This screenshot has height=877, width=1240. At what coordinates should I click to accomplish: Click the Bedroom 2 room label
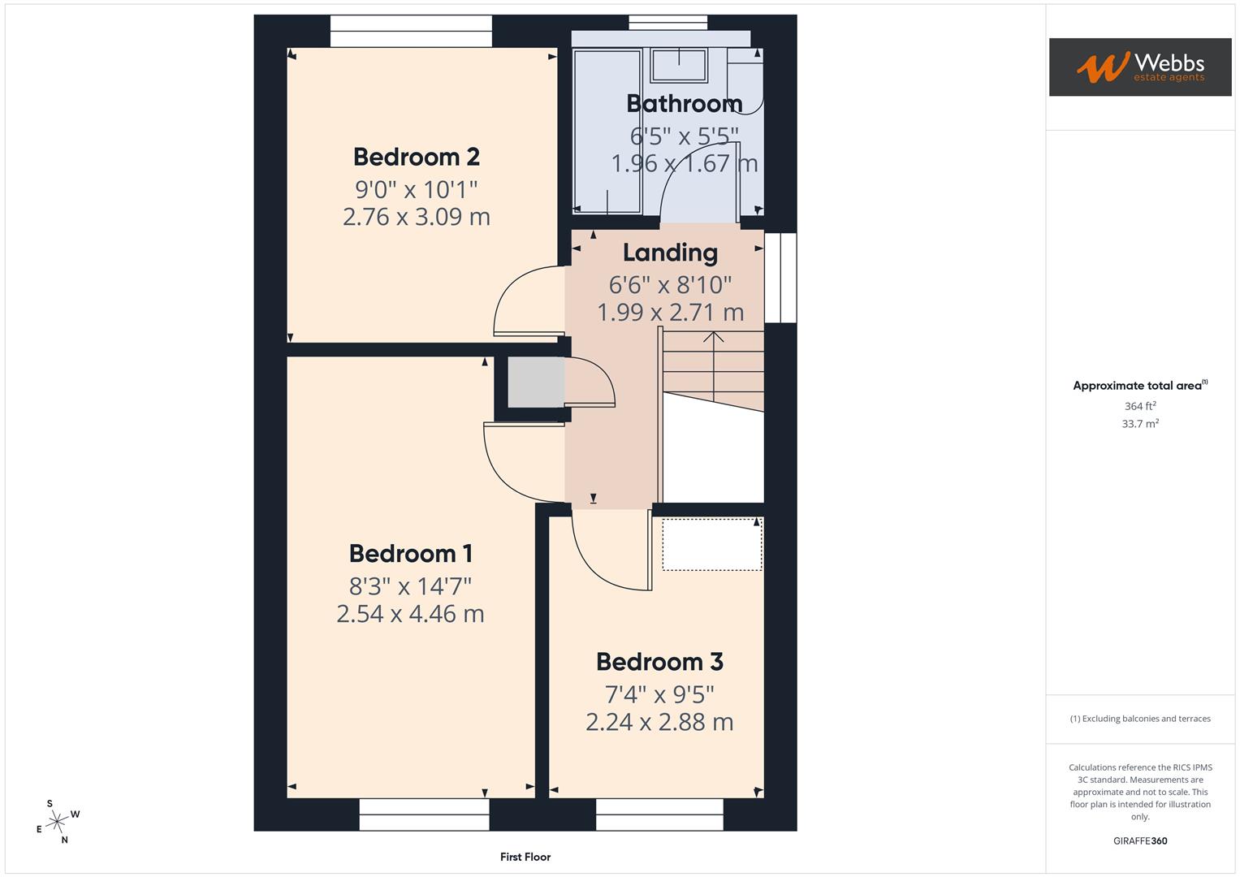[x=416, y=156]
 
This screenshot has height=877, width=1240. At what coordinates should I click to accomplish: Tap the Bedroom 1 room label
[x=410, y=553]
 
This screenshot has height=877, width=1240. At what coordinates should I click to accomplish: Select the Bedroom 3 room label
[x=659, y=662]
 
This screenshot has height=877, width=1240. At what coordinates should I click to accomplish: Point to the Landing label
[x=670, y=253]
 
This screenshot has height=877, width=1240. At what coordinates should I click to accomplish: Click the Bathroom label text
[x=684, y=103]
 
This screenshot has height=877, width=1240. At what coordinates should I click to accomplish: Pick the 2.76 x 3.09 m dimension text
[x=416, y=217]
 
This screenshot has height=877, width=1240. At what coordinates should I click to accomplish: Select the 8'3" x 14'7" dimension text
[x=410, y=585]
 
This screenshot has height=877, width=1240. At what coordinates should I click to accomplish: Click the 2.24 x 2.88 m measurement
[x=659, y=722]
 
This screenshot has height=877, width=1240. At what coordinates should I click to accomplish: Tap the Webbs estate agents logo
[x=1140, y=67]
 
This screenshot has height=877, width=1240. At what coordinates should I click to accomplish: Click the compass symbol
[x=56, y=823]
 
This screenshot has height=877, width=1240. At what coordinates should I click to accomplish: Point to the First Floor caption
[x=525, y=857]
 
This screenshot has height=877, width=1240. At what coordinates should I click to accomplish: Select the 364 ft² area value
[x=1140, y=406]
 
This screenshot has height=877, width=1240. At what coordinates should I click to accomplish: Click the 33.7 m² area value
[x=1140, y=424]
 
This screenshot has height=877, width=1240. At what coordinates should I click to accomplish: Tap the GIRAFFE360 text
[x=1140, y=841]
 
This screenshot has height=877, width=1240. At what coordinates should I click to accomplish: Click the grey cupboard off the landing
[x=535, y=382]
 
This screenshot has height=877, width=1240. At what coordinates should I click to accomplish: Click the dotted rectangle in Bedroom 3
[x=712, y=544]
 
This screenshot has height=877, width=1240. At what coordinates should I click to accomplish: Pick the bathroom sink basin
[x=680, y=65]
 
